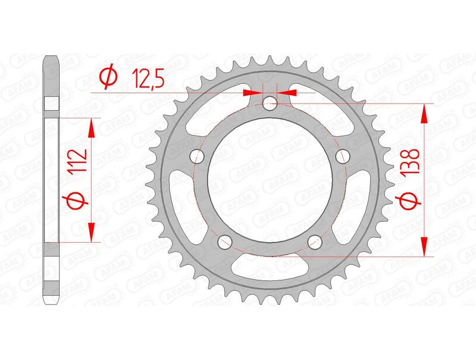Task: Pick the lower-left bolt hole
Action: point(225,242)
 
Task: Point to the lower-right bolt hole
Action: point(315,242)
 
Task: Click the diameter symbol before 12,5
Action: point(108,78)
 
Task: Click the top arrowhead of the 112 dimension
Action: point(92,126)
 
